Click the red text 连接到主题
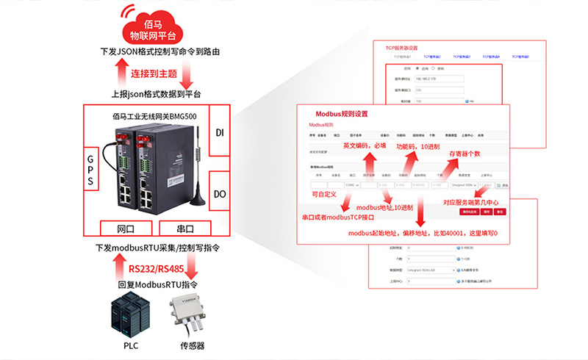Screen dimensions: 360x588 [x=154, y=74]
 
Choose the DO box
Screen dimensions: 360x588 [x=220, y=195]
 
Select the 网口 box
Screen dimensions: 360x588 [x=126, y=228]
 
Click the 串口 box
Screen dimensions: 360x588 [x=183, y=228]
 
